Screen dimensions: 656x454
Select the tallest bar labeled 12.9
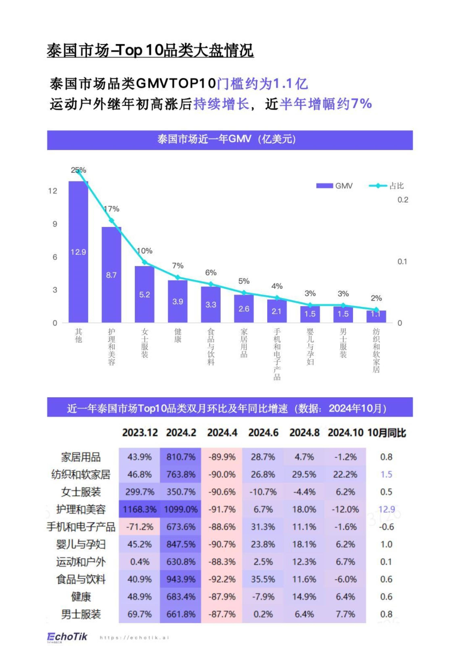(x=78, y=252)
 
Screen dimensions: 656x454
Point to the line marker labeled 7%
(x=178, y=277)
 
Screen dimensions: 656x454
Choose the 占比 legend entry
(x=386, y=186)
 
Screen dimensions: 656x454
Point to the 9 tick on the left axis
(x=55, y=224)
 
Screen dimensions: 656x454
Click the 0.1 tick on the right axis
(x=402, y=261)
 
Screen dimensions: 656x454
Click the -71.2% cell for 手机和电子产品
(x=139, y=527)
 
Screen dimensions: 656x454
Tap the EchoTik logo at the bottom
(x=67, y=636)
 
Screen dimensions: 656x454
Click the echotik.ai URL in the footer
(x=134, y=637)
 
